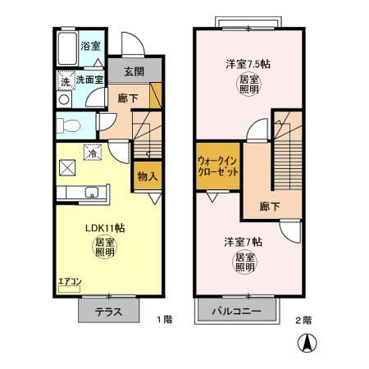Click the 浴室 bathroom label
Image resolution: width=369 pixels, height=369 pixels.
pos(89,47)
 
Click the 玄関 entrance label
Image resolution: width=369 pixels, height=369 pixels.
pos(134,71)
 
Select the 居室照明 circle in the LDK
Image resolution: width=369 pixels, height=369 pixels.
pos(104,247)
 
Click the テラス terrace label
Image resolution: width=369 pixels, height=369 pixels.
pos(108,312)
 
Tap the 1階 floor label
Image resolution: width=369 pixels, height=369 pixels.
pos(163,320)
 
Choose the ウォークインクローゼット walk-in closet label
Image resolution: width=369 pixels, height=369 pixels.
pos(218,168)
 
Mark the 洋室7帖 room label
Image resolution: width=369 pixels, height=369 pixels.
pos(244,242)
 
